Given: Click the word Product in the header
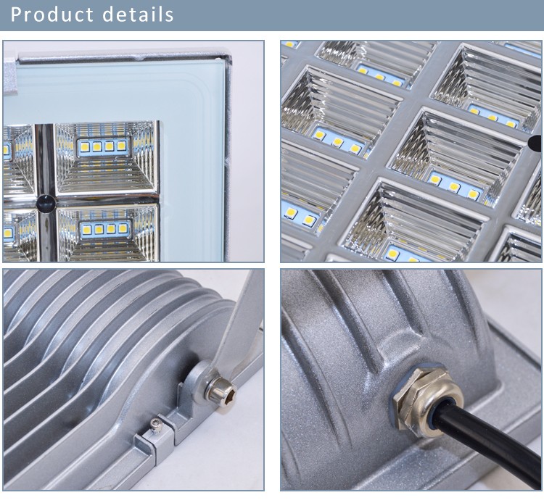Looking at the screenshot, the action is (x=51, y=14).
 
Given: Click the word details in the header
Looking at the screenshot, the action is (x=138, y=14).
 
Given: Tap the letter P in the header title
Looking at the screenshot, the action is (x=16, y=14).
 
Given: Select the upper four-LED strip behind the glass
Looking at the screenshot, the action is (x=103, y=146).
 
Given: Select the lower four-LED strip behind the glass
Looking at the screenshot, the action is (x=105, y=229).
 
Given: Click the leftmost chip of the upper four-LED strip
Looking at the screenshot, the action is (x=85, y=146).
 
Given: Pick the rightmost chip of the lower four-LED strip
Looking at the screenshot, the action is (x=123, y=228).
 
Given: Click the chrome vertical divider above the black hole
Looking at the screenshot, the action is (x=45, y=159).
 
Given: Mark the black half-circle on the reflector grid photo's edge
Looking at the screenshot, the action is (x=535, y=144).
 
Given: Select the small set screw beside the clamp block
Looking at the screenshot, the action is (x=156, y=425).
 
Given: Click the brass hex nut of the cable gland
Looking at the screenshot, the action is (x=412, y=399).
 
